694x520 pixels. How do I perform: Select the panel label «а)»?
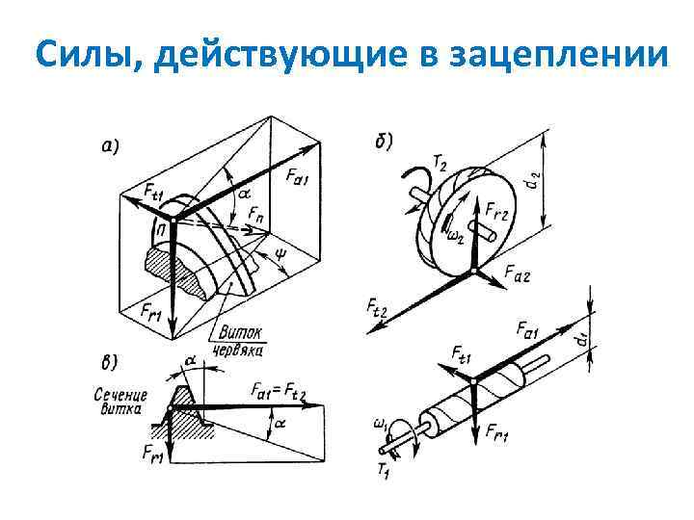[111, 146]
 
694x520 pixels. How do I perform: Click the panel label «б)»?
[383, 141]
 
